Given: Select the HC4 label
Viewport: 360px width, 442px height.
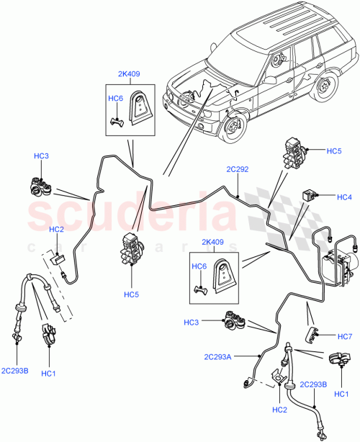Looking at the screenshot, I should click(344, 197).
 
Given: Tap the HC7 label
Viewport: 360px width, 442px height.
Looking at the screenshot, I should click(344, 335).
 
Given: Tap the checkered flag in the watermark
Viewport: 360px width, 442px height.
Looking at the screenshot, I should click(274, 209).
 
